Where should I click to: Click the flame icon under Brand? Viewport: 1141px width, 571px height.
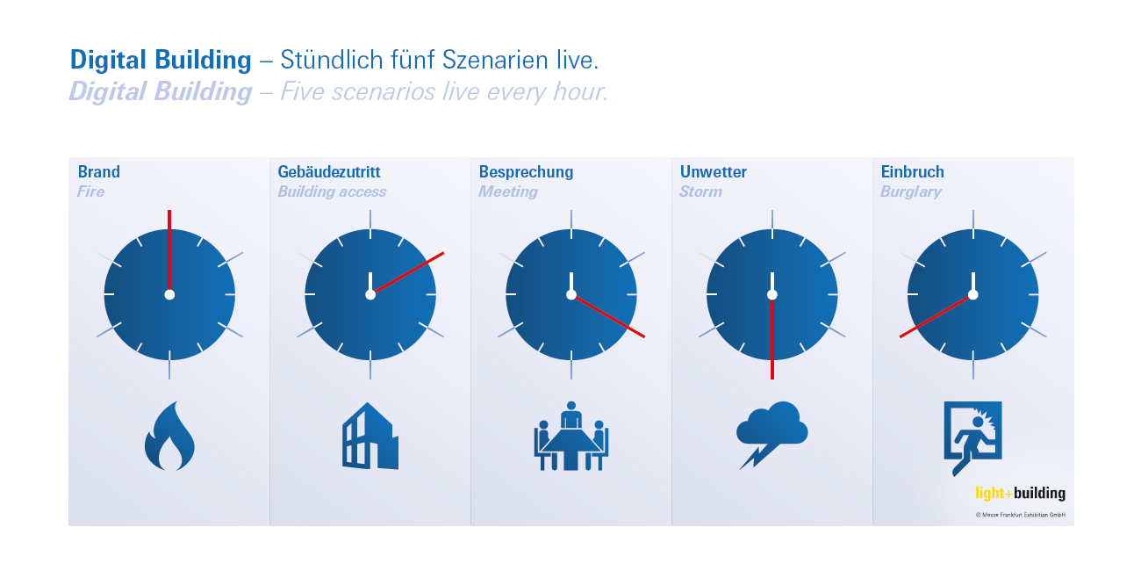pos(169,436)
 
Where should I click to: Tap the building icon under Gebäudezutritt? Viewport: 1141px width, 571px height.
pos(370,436)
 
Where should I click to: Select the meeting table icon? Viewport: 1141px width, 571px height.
pos(571,436)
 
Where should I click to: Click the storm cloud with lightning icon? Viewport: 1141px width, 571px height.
pos(771,435)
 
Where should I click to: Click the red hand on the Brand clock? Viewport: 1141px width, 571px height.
pos(169,252)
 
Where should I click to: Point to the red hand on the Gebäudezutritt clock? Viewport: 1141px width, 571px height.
pos(407,273)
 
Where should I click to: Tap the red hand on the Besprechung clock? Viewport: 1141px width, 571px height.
pos(608,316)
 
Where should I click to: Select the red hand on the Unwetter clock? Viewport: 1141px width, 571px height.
pos(772,337)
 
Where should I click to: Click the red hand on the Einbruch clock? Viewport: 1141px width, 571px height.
pos(936,316)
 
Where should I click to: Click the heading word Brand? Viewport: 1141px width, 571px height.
pos(99,172)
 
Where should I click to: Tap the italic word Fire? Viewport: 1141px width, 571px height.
pos(90,192)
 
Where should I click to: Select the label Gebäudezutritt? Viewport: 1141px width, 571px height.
pos(329,172)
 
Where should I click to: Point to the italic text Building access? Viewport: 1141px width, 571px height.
pos(332,192)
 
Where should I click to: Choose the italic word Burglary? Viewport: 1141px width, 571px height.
pos(911,192)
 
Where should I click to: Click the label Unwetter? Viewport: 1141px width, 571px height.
pos(713,172)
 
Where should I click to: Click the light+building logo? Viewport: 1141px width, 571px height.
pos(1020,493)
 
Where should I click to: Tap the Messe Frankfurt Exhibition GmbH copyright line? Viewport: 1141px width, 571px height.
pos(1020,515)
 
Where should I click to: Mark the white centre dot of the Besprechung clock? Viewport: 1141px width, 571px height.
pos(571,294)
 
